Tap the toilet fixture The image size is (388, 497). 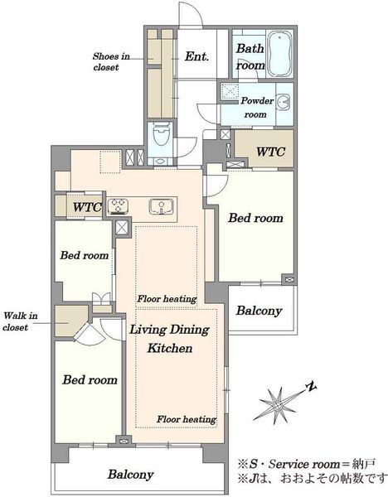[x=162, y=135]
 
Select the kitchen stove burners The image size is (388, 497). [x=118, y=206]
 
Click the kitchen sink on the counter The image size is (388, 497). [x=162, y=206]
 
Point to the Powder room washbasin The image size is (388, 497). [x=283, y=102]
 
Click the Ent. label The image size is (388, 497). [x=196, y=56]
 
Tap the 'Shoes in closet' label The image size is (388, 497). [x=111, y=62]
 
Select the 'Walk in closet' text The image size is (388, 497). [x=20, y=321]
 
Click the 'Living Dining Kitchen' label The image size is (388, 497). [x=169, y=339]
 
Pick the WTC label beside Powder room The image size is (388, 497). [x=270, y=152]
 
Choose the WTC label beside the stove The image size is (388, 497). [x=87, y=207]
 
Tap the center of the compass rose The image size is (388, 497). [x=279, y=406]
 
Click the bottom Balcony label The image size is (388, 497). [x=130, y=475]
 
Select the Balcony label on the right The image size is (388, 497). [x=259, y=311]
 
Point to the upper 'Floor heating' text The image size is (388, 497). [x=167, y=299]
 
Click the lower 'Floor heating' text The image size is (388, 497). [x=187, y=419]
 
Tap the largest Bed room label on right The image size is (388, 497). [x=255, y=218]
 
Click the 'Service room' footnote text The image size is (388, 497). [x=304, y=464]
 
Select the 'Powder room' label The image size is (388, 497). [x=257, y=108]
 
